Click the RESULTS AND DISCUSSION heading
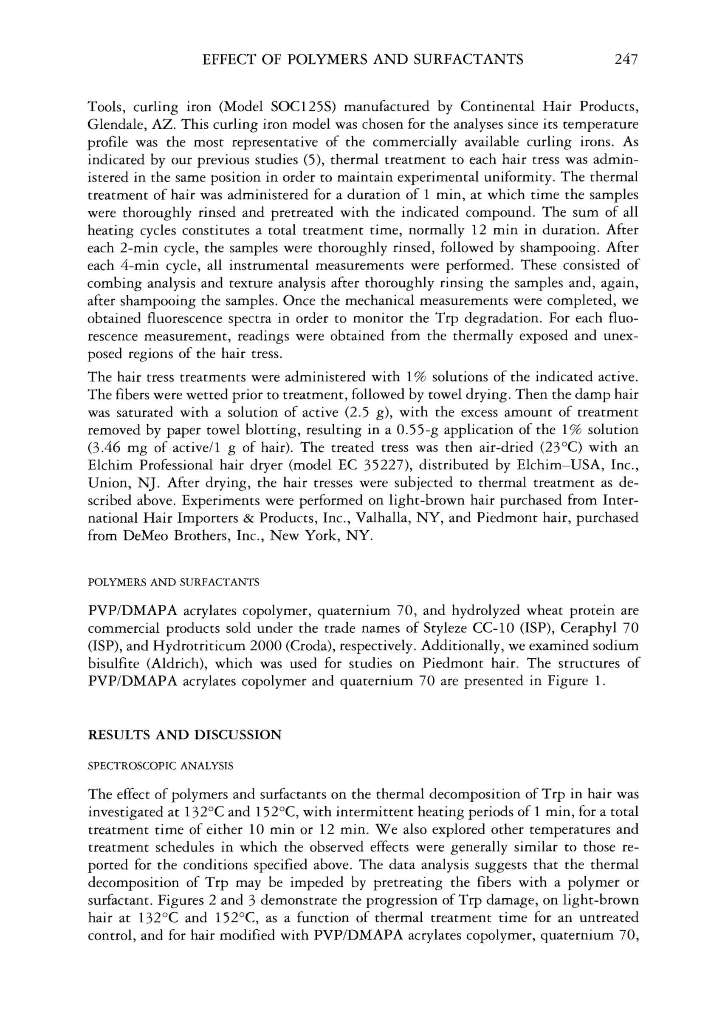click(x=185, y=735)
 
